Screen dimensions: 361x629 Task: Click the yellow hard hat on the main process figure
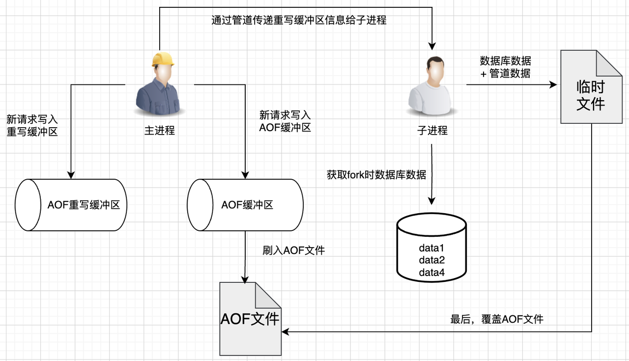coord(163,59)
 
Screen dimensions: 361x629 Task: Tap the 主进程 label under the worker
coord(160,131)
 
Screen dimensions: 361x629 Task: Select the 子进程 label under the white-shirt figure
coord(432,131)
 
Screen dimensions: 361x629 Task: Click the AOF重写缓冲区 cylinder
coord(71,205)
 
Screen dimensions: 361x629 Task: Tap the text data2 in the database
coord(432,260)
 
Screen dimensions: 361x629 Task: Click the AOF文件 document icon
coord(250,319)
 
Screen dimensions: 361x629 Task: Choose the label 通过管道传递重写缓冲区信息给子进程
coord(299,21)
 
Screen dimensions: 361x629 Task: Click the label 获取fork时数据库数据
coord(376,174)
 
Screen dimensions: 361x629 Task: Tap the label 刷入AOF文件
coord(294,250)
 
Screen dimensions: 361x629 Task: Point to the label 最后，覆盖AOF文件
coord(497,319)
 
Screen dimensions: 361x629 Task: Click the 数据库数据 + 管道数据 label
coord(505,67)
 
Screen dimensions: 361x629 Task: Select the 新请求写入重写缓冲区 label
coord(32,125)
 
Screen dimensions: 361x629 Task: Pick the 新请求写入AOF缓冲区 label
coord(285,121)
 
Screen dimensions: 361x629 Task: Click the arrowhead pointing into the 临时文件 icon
coord(553,85)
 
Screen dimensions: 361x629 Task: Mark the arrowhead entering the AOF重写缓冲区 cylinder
coord(71,174)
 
